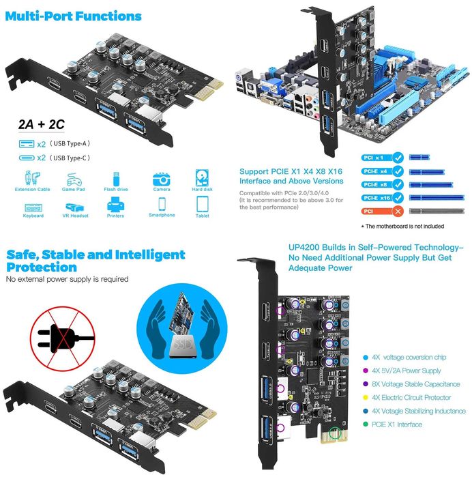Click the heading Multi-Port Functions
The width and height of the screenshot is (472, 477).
pos(74,16)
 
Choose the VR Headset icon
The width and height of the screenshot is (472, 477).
pos(73,203)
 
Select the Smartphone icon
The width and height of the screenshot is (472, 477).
pos(162,203)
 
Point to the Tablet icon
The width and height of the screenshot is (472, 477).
pos(203,203)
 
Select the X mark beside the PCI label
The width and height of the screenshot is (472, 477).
pos(397,212)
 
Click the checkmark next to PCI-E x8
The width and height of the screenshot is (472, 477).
pos(397,184)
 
